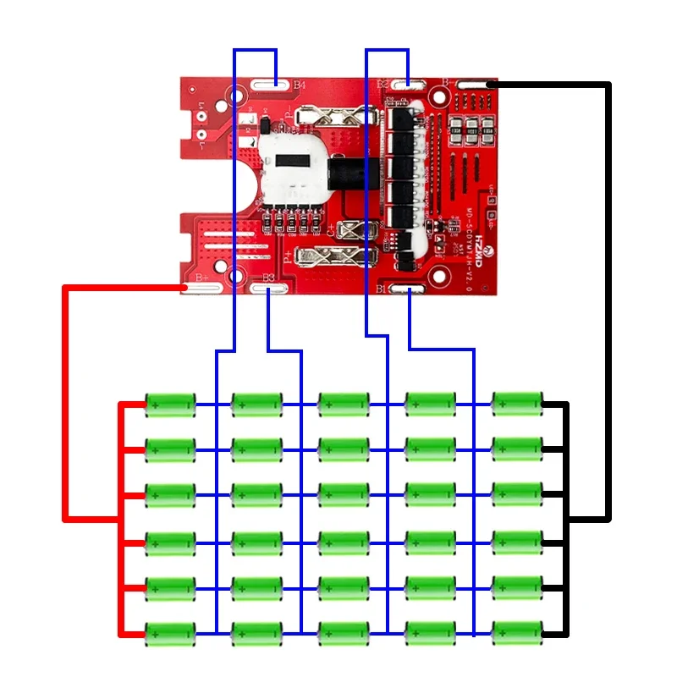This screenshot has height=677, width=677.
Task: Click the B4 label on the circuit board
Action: coord(300,85)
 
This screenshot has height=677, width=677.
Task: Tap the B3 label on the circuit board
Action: coord(269,278)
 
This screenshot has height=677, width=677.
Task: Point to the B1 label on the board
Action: coord(381,289)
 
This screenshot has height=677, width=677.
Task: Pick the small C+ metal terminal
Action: coord(355,229)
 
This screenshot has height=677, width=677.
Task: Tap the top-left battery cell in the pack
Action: coord(170,405)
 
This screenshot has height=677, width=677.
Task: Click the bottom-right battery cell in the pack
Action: coord(516,631)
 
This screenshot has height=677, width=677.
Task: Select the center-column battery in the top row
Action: coord(343,405)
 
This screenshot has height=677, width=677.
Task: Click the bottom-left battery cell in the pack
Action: coord(170,631)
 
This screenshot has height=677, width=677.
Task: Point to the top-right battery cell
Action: coord(516,405)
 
